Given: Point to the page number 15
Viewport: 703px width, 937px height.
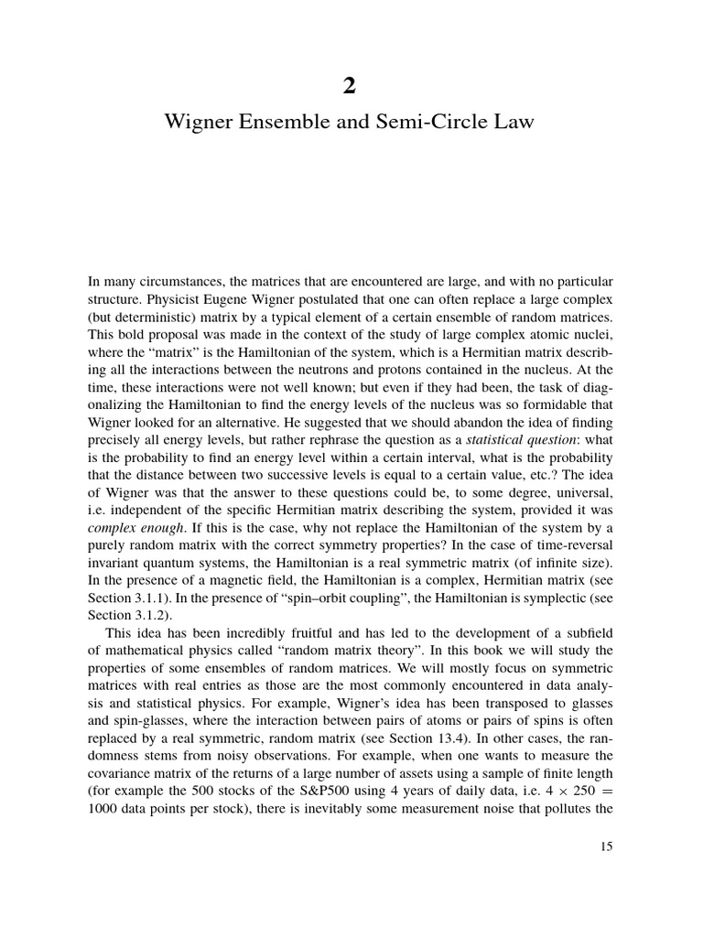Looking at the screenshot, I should [605, 846].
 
